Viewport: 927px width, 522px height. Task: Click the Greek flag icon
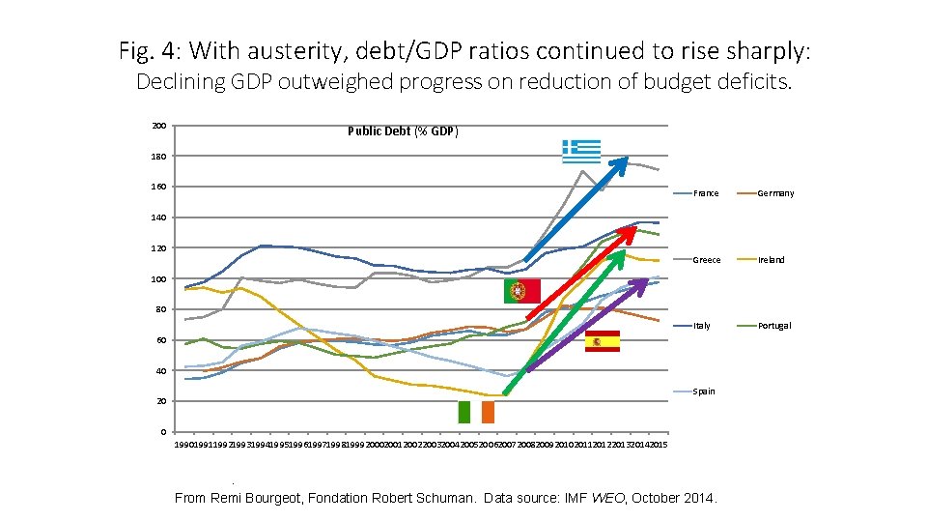[581, 151]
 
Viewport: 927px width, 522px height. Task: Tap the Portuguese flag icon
[521, 291]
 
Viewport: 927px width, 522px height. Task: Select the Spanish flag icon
[603, 341]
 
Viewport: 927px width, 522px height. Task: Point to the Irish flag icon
[476, 412]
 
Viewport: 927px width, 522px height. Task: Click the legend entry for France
[706, 193]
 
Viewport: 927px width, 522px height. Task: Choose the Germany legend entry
[775, 193]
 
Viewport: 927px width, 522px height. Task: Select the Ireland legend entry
[772, 260]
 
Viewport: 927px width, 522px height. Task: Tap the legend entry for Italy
[702, 326]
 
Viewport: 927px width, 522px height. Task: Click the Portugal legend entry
[774, 326]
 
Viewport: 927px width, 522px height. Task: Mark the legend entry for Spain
[704, 391]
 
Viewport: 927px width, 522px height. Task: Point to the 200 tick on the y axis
[158, 126]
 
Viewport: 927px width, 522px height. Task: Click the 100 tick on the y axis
[158, 279]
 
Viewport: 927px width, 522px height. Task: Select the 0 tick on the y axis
[163, 432]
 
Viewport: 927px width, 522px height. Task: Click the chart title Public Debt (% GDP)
[403, 131]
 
